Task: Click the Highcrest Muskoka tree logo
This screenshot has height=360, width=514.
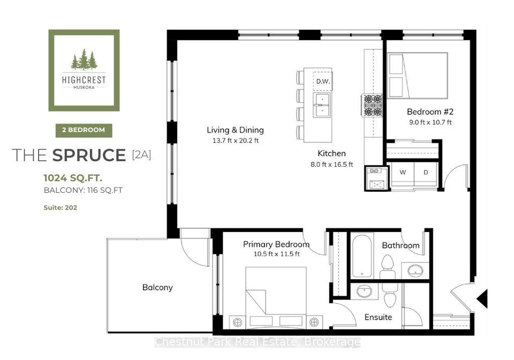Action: [x=84, y=70]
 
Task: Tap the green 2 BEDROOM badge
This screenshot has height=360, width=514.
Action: [x=84, y=130]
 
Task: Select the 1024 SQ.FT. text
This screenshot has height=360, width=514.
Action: [x=73, y=178]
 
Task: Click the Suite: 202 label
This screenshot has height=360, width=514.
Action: [x=61, y=207]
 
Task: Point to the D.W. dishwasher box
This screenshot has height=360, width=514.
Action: [x=323, y=81]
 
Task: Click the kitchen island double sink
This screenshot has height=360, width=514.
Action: [x=322, y=105]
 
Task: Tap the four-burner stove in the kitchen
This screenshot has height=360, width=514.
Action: [x=373, y=105]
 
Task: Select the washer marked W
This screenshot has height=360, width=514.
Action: [x=403, y=172]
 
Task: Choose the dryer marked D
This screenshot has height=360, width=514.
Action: [x=426, y=172]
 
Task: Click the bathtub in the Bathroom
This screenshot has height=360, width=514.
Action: [x=362, y=256]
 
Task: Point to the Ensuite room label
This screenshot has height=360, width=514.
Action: [x=379, y=317]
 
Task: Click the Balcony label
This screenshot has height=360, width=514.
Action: [x=157, y=288]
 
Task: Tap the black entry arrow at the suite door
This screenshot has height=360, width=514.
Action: [x=482, y=299]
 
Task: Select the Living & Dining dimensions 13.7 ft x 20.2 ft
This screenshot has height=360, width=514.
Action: [x=236, y=141]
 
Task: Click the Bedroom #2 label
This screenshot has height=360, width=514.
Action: [x=430, y=112]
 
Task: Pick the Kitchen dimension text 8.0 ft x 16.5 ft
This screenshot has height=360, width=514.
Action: [x=332, y=164]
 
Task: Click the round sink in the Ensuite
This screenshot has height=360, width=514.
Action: [x=365, y=291]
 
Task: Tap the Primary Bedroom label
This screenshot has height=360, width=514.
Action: [x=276, y=244]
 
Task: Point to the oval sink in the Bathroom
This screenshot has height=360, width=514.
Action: [x=415, y=271]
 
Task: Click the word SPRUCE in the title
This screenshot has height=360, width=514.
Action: [x=89, y=155]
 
